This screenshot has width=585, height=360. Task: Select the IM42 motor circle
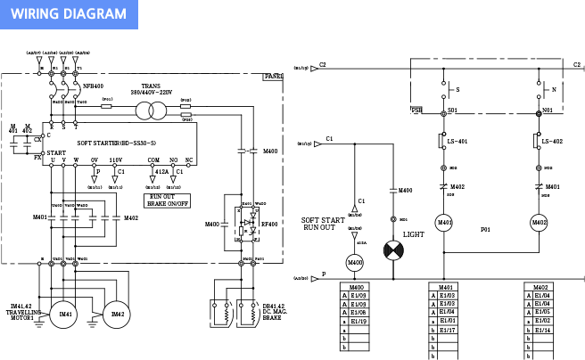117,313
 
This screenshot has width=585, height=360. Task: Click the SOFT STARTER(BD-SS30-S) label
117,143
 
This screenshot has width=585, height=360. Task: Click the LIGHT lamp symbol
393,250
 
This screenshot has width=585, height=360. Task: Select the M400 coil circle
355,263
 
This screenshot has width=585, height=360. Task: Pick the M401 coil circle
444,221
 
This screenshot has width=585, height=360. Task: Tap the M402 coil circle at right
540,221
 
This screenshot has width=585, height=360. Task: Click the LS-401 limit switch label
458,142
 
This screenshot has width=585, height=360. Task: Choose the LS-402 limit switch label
553,142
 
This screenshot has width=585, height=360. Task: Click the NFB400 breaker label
93,86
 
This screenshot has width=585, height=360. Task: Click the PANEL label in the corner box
273,77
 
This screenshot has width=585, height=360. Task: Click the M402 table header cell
540,287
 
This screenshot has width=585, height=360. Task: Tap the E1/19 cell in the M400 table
358,321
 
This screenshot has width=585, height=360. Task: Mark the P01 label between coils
485,230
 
